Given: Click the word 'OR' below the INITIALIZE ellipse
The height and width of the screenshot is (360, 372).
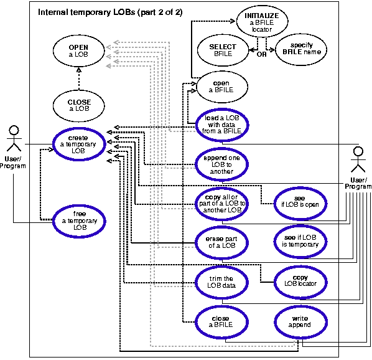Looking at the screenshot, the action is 261,54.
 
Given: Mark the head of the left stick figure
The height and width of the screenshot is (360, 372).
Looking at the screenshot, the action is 14,130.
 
